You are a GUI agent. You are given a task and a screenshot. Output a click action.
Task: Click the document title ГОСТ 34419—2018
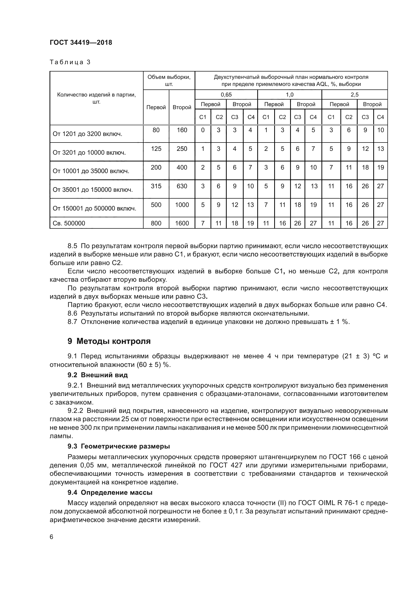pyautogui.click(x=81, y=42)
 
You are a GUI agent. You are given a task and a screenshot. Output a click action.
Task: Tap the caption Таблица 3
pyautogui.click(x=70, y=62)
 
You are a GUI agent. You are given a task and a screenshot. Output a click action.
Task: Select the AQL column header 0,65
pyautogui.click(x=226, y=94)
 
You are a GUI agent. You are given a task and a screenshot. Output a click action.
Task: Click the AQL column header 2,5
pyautogui.click(x=354, y=94)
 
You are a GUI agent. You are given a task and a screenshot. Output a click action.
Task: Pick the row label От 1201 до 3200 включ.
pyautogui.click(x=87, y=134)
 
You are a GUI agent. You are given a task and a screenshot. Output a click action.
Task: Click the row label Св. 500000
pyautogui.click(x=69, y=223)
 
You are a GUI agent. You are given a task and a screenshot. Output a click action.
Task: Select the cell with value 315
pyautogui.click(x=156, y=186)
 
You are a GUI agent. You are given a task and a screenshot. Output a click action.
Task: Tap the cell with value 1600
pyautogui.click(x=182, y=223)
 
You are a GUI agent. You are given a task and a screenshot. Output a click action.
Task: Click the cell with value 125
pyautogui.click(x=156, y=149)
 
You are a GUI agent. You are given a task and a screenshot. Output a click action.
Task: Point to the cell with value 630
pyautogui.click(x=182, y=186)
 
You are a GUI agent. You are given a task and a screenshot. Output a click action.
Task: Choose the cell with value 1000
pyautogui.click(x=182, y=205)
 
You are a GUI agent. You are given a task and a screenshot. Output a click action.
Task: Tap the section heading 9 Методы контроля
pyautogui.click(x=109, y=341)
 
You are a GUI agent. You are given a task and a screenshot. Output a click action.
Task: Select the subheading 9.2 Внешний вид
pyautogui.click(x=98, y=375)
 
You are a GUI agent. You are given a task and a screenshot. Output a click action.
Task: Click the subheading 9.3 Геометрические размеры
pyautogui.click(x=119, y=446)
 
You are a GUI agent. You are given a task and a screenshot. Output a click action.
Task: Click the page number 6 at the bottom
pyautogui.click(x=52, y=537)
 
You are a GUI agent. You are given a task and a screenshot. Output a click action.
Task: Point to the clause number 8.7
pyautogui.click(x=72, y=322)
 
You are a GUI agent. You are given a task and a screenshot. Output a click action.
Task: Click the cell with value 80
pyautogui.click(x=156, y=130)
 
